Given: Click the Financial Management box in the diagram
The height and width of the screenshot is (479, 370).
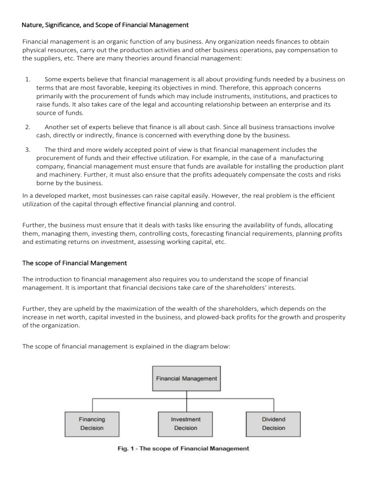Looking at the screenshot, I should click(x=186, y=379).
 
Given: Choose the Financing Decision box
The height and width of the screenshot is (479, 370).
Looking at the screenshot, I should click(x=92, y=424).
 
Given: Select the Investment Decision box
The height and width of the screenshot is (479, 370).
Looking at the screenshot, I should click(x=185, y=424).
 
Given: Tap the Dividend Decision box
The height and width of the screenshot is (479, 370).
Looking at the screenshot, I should click(x=273, y=424).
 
